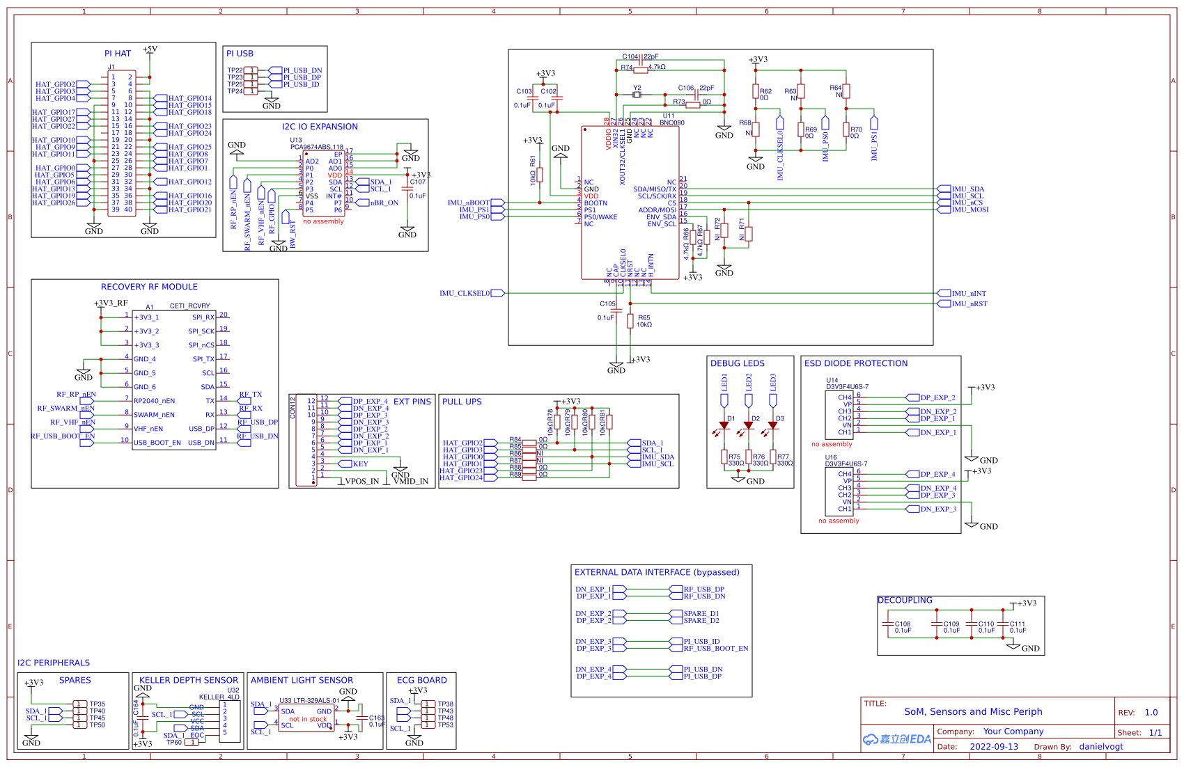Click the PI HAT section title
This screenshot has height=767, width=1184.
coord(117,54)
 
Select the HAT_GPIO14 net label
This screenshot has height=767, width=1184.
coord(189,99)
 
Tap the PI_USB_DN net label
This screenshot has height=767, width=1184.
coord(302,71)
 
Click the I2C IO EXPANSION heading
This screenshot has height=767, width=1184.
coord(320,127)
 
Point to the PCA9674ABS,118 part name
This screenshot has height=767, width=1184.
coord(317,147)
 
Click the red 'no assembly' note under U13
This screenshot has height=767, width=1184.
coord(323,222)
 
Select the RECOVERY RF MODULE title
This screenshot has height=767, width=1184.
coord(149,287)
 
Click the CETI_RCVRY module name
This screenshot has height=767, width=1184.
coord(189,306)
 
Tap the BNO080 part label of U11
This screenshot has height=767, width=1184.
coord(671,122)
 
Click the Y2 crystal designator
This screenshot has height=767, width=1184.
coord(637,88)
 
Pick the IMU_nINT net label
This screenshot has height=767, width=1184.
coord(969,294)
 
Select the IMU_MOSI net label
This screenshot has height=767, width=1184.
coord(969,209)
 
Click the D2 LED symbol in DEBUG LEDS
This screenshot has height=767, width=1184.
coord(749,425)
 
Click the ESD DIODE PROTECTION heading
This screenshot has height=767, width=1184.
coord(856,363)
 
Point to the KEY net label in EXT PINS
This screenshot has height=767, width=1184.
coord(360,464)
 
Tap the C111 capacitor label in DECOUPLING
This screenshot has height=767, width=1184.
coord(1018,624)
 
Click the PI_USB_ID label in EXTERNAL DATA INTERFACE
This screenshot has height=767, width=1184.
coord(701,642)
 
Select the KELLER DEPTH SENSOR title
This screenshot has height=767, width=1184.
coord(188,680)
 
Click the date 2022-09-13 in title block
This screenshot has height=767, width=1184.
coord(994,747)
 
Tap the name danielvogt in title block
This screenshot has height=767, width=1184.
coord(1101,747)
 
